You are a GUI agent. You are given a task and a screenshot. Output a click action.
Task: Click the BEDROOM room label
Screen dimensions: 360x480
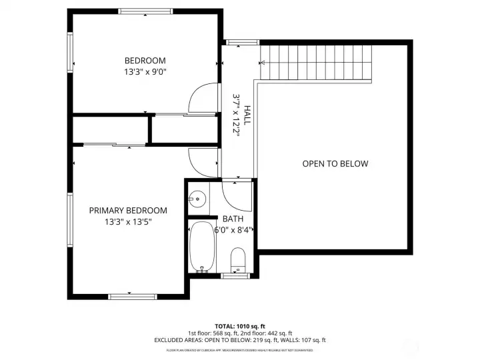[144, 60]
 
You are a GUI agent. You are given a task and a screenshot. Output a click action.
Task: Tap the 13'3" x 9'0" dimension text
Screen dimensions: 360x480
[144, 71]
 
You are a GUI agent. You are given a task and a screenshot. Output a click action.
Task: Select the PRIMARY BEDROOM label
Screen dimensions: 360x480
[128, 211]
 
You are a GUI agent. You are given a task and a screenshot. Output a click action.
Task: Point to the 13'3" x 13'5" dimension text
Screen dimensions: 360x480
[128, 222]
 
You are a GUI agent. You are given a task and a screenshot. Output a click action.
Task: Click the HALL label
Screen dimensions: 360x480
[247, 115]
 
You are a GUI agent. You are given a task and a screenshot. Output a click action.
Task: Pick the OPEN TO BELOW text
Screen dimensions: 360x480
[335, 164]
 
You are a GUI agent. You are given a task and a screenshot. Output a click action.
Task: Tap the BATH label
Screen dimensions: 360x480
[233, 219]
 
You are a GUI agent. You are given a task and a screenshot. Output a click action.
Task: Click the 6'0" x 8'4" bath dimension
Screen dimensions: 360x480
[232, 230]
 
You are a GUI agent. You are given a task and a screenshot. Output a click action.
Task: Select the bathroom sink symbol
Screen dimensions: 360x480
[196, 198]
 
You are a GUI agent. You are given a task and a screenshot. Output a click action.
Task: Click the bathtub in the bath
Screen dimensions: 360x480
[201, 247]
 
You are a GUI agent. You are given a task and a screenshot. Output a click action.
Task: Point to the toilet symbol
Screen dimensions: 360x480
[238, 259]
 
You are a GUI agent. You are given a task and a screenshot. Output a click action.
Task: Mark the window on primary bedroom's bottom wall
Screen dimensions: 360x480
[129, 297]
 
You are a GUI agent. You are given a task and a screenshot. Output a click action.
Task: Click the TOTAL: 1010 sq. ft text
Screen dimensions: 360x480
[240, 326]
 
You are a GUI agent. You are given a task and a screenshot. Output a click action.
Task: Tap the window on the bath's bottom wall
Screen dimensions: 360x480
[235, 275]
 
